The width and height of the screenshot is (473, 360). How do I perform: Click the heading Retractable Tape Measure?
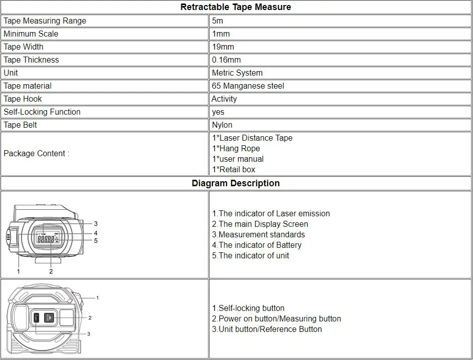pyautogui.click(x=235, y=7)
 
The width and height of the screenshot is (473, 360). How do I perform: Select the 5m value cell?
pyautogui.click(x=217, y=21)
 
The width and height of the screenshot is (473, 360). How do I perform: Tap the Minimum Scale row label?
pyautogui.click(x=31, y=34)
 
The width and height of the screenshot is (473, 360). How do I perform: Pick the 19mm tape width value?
pyautogui.click(x=223, y=47)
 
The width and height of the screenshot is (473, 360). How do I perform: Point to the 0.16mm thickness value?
pyautogui.click(x=226, y=60)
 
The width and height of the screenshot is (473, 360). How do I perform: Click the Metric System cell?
pyautogui.click(x=237, y=73)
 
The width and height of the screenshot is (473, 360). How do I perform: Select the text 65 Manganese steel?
pyautogui.click(x=248, y=86)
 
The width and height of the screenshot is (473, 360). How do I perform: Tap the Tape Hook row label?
pyautogui.click(x=23, y=99)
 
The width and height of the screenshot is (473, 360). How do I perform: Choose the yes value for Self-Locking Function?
pyautogui.click(x=218, y=112)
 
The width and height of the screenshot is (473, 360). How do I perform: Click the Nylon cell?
pyautogui.click(x=222, y=125)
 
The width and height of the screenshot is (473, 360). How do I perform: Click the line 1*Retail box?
pyautogui.click(x=233, y=169)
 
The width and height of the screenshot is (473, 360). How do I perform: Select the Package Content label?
pyautogui.click(x=36, y=153)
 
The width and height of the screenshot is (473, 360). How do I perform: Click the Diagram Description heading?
pyautogui.click(x=235, y=183)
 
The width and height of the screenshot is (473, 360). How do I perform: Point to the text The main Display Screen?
pyautogui.click(x=260, y=224)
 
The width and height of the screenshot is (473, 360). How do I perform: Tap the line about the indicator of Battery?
pyautogui.click(x=257, y=245)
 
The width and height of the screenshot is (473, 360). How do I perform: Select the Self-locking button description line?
pyautogui.click(x=248, y=308)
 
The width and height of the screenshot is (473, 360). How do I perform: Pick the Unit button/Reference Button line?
pyautogui.click(x=267, y=329)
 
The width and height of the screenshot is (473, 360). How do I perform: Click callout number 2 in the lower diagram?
pyautogui.click(x=90, y=318)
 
